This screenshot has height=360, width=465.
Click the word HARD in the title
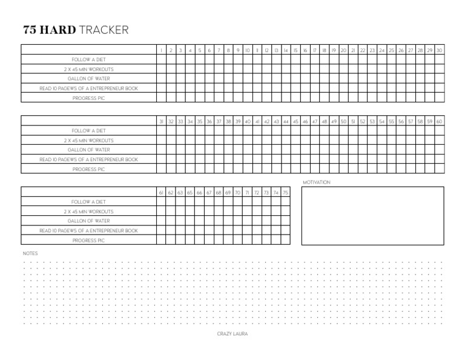coord(58,30)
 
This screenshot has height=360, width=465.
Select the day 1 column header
coord(161,50)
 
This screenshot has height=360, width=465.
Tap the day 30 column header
coord(439,50)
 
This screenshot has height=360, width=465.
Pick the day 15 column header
coord(295,50)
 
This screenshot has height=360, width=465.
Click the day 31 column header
coord(161,122)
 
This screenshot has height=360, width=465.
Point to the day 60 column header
coord(439,122)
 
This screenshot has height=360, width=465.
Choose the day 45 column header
coord(295,122)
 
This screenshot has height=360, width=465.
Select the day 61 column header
coord(161,193)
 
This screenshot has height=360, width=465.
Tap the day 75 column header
coord(285,193)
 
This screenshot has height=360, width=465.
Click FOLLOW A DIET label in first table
coord(88,59)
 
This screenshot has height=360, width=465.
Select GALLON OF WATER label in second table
coord(88,150)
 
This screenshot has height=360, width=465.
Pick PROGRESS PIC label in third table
coord(88,241)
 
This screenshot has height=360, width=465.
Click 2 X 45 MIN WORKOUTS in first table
coord(88,69)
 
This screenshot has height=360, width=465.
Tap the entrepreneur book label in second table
coord(88,159)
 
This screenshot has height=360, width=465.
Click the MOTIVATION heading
coord(317,182)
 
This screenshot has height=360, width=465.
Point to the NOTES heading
coord(30,253)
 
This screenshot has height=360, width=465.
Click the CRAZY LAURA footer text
coord(232,334)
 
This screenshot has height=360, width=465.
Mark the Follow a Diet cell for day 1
coord(161,59)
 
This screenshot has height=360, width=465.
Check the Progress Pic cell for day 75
coord(285,241)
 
